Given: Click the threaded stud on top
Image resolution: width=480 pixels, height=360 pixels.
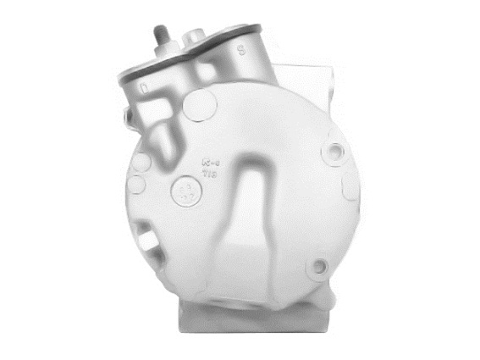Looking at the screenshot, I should [157, 38].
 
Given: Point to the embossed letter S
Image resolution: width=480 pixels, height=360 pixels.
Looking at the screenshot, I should [241, 50].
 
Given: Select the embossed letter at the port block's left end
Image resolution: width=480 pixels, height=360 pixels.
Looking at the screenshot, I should [145, 86].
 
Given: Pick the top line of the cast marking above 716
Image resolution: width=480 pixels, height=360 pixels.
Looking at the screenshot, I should [207, 157].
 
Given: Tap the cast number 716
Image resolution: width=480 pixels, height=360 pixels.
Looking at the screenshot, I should [207, 169].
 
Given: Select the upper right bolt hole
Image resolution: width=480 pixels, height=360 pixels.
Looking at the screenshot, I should [337, 153].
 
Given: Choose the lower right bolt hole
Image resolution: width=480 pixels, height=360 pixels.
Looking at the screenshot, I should [319, 268].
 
